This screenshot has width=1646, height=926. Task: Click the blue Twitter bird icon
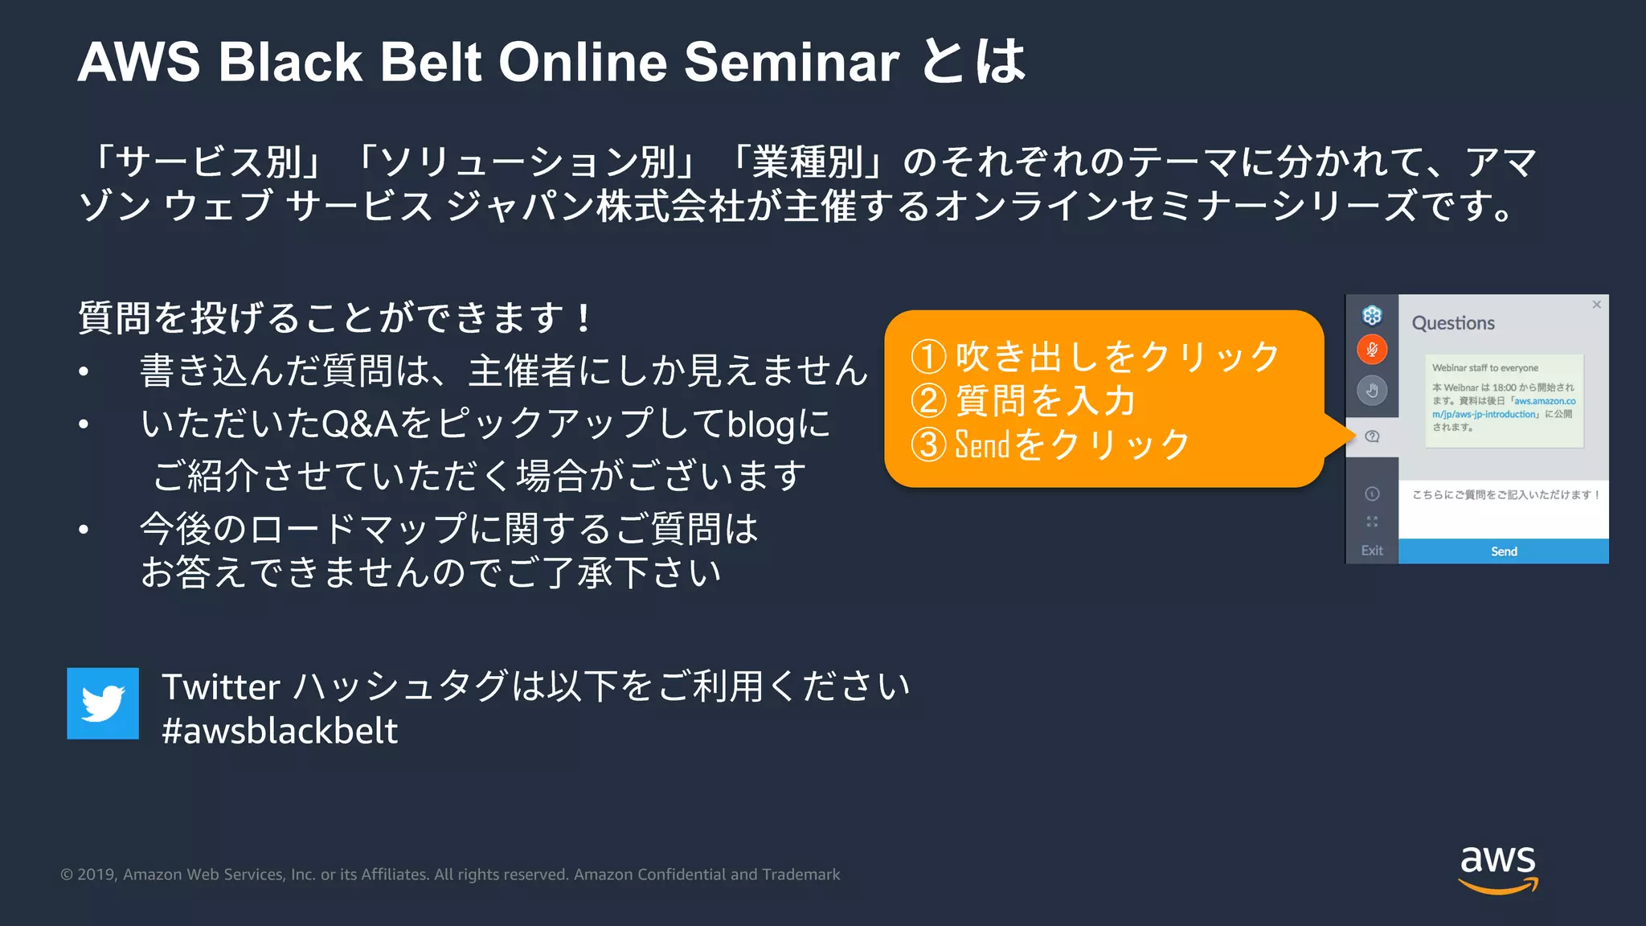pyautogui.click(x=103, y=703)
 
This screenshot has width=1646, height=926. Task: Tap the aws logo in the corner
pyautogui.click(x=1498, y=868)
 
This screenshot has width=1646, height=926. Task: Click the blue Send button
pyautogui.click(x=1503, y=551)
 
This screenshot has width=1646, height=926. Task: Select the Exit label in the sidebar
pyautogui.click(x=1372, y=551)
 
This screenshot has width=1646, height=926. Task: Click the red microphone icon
pyautogui.click(x=1372, y=350)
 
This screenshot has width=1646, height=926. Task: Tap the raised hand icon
pyautogui.click(x=1372, y=391)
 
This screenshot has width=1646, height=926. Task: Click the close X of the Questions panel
pyautogui.click(x=1596, y=305)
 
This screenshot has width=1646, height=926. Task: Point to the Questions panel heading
pyautogui.click(x=1453, y=323)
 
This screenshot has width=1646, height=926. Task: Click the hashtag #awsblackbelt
pyautogui.click(x=280, y=731)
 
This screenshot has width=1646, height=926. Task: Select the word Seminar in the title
pyautogui.click(x=791, y=62)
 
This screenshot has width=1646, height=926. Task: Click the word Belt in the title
pyautogui.click(x=430, y=62)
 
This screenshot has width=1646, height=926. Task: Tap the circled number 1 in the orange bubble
pyautogui.click(x=928, y=357)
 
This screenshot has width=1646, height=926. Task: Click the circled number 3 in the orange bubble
pyautogui.click(x=928, y=445)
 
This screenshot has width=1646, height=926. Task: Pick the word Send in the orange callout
pyautogui.click(x=982, y=445)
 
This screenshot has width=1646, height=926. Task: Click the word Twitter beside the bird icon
pyautogui.click(x=221, y=687)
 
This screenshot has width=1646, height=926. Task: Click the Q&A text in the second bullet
pyautogui.click(x=360, y=424)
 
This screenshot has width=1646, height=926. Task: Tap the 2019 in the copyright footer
pyautogui.click(x=96, y=875)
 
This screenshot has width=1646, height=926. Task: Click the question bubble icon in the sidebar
pyautogui.click(x=1372, y=436)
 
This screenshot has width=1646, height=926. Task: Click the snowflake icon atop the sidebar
pyautogui.click(x=1372, y=315)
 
